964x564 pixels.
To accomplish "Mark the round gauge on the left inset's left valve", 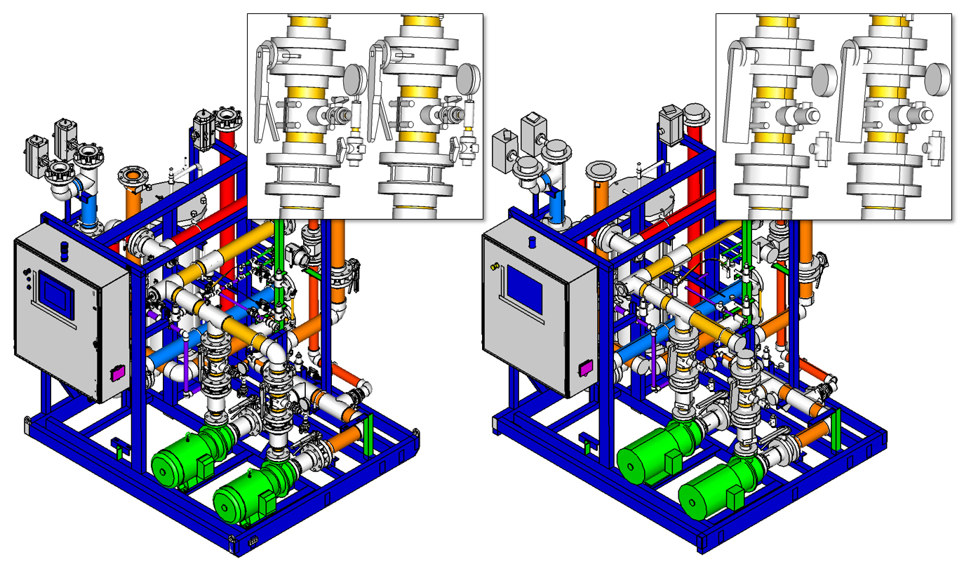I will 356,77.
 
